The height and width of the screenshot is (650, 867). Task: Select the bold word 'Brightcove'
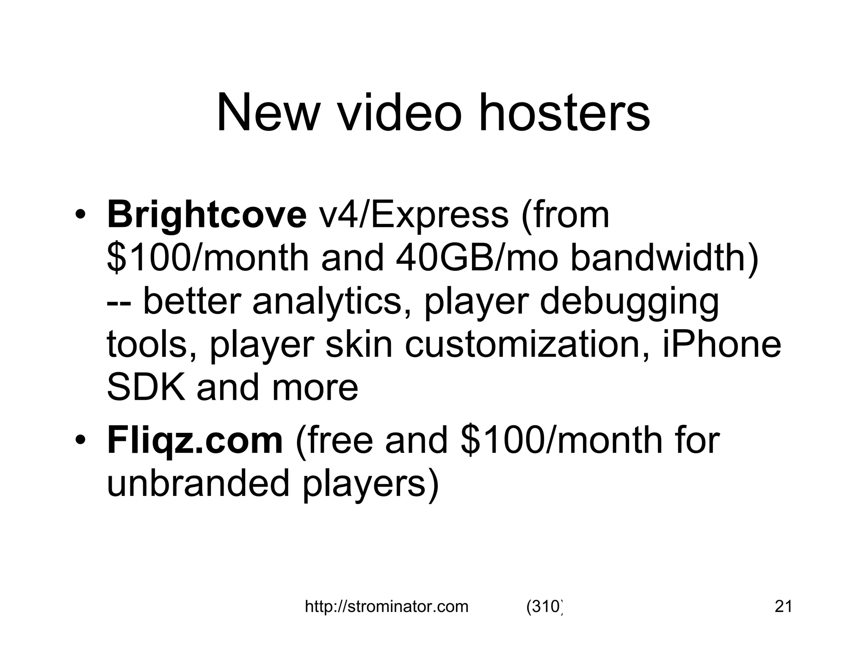click(x=207, y=215)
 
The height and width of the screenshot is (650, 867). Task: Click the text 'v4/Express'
click(x=414, y=215)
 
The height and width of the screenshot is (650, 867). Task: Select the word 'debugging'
click(x=630, y=302)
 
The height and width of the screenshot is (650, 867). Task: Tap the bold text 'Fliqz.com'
click(x=195, y=441)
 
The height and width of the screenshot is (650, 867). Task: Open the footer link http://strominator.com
click(x=387, y=607)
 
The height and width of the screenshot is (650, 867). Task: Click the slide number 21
click(x=783, y=607)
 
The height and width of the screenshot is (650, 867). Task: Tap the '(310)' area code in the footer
click(x=544, y=607)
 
